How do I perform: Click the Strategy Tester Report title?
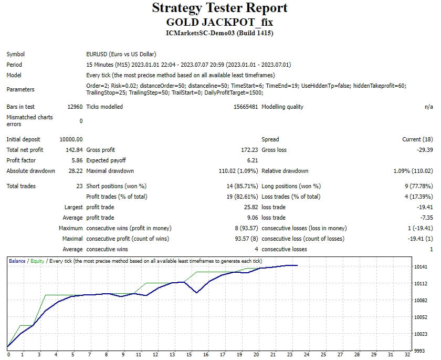220,8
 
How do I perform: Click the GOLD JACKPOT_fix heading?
220,22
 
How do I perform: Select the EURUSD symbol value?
121,54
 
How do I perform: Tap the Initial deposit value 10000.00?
71,139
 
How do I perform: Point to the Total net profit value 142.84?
73,150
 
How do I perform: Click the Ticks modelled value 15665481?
244,107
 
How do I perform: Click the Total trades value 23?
79,186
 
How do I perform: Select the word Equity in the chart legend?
37,261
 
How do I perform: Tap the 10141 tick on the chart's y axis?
421,267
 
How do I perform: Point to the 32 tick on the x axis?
407,354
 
